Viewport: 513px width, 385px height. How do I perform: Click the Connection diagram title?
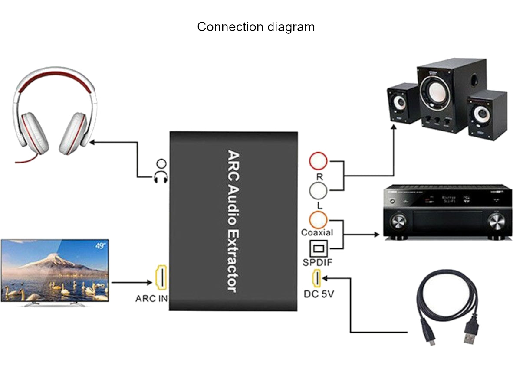256,27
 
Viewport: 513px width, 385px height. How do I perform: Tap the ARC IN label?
151,299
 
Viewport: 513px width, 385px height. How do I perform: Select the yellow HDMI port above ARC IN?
161,277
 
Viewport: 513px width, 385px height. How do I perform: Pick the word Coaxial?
317,233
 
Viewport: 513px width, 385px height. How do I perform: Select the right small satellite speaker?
487,114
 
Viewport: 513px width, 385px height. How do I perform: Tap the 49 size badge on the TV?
101,246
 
